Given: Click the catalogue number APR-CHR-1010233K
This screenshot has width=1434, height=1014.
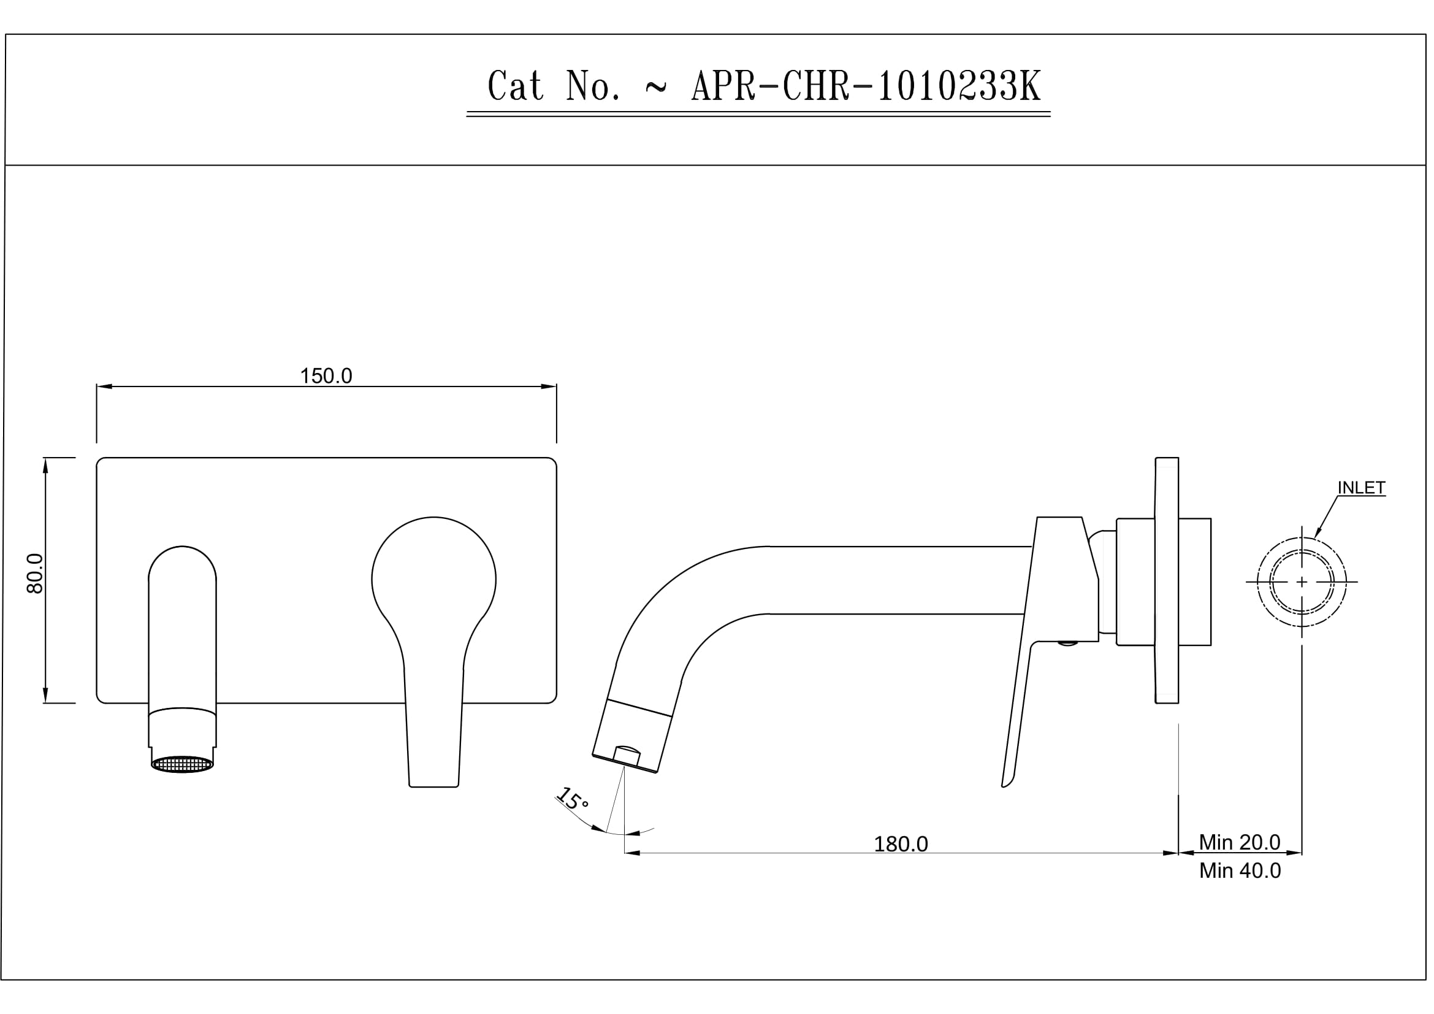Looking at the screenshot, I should (x=866, y=86).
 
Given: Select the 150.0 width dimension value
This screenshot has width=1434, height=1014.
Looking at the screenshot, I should (x=326, y=376).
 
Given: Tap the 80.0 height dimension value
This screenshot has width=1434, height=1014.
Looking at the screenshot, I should (x=36, y=573).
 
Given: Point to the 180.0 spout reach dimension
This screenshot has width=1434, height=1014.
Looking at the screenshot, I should (x=900, y=844).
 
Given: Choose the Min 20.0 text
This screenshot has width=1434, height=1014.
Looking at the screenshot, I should (x=1239, y=842).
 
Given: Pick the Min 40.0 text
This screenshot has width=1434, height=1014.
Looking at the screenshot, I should (x=1239, y=870).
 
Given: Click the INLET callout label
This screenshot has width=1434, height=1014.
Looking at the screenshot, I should (x=1361, y=488).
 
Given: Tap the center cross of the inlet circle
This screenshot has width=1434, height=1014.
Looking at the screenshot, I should (x=1301, y=582).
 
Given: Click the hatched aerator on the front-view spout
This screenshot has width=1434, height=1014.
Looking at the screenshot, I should (x=182, y=764).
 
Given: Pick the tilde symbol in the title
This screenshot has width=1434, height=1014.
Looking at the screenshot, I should (x=655, y=89).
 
